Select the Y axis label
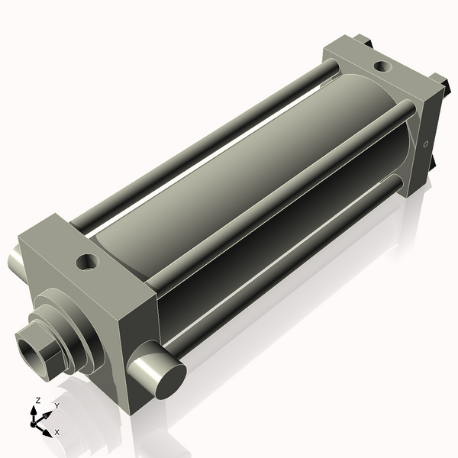pyautogui.click(x=56, y=405)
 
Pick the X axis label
pyautogui.click(x=57, y=432)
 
